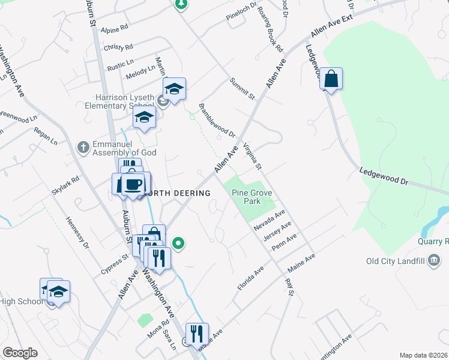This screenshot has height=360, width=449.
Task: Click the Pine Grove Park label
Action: pyautogui.click(x=247, y=197)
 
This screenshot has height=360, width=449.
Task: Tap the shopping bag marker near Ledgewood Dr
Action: pyautogui.click(x=331, y=79)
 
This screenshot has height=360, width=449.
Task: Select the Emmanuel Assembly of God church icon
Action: pyautogui.click(x=83, y=146)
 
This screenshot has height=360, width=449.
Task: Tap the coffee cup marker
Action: pyautogui.click(x=134, y=184)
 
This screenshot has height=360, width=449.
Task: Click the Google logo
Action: pyautogui.click(x=20, y=353)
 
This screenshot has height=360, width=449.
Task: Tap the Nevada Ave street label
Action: pyautogui.click(x=268, y=220)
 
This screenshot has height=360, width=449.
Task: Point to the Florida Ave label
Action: pyautogui.click(x=250, y=279)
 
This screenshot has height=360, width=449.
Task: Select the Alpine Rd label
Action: pyautogui.click(x=115, y=29)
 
